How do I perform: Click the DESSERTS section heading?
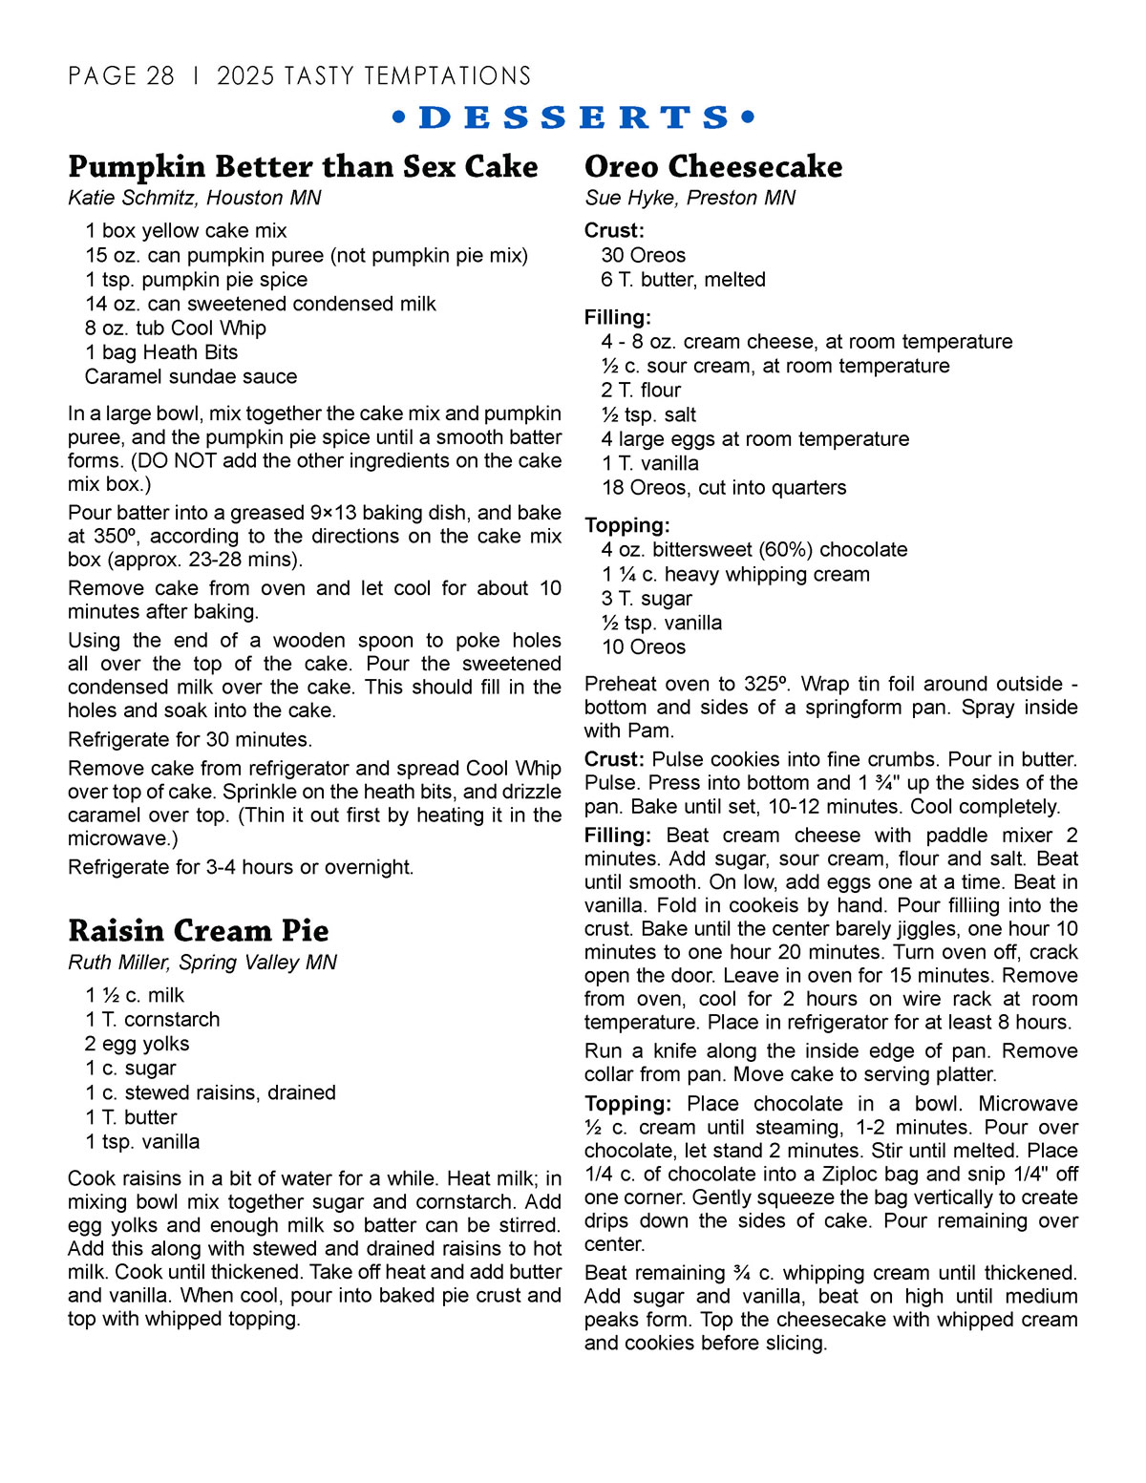tap(574, 117)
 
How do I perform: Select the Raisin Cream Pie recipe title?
tap(199, 930)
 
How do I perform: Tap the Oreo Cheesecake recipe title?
tap(713, 166)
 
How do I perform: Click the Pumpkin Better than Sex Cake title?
tap(303, 166)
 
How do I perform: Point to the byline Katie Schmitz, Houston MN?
tap(195, 198)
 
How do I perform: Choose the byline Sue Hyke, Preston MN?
tap(690, 198)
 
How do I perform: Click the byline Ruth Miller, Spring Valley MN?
tap(202, 963)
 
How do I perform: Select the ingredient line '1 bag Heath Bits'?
tap(161, 352)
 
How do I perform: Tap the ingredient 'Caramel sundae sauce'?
tap(191, 376)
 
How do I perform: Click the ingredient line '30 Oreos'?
tap(644, 255)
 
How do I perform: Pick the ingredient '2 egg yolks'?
tap(138, 1044)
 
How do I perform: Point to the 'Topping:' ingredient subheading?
tap(627, 525)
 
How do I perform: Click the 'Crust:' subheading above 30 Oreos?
tap(614, 230)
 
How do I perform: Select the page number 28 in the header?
tap(160, 76)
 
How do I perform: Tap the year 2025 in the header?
tap(245, 76)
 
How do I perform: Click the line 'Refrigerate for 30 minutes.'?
tap(190, 739)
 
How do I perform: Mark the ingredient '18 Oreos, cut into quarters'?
tap(724, 487)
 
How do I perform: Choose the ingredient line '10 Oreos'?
tap(644, 646)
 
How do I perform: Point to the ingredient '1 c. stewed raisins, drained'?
tap(210, 1092)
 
